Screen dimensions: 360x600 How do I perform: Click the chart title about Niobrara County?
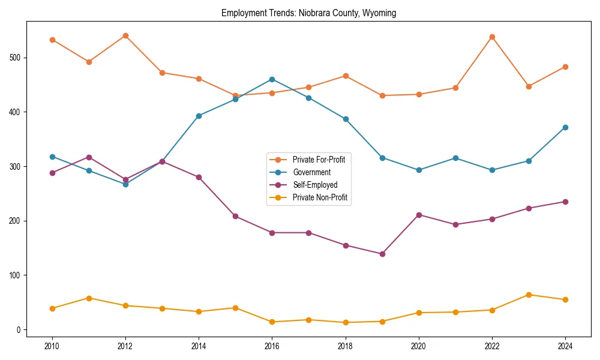point(308,13)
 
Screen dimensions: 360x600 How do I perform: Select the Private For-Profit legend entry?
point(318,160)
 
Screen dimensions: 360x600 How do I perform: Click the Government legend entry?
point(311,172)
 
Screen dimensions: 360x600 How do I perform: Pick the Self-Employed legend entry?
point(315,185)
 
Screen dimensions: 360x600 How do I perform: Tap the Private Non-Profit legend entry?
point(320,197)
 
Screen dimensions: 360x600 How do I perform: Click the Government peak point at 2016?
point(272,79)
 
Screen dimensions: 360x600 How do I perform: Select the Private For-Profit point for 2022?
point(492,37)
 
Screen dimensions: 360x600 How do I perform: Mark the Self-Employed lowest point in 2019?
point(382,254)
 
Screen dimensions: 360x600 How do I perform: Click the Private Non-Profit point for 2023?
point(529,295)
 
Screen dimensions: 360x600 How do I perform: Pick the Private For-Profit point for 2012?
point(125,35)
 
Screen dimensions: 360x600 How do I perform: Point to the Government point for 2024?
point(565,127)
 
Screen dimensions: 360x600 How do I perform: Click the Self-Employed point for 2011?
point(89,157)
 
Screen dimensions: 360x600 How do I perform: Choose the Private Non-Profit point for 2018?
point(346,322)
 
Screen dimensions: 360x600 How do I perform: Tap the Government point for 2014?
point(199,116)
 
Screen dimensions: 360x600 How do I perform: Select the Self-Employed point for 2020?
point(419,215)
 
